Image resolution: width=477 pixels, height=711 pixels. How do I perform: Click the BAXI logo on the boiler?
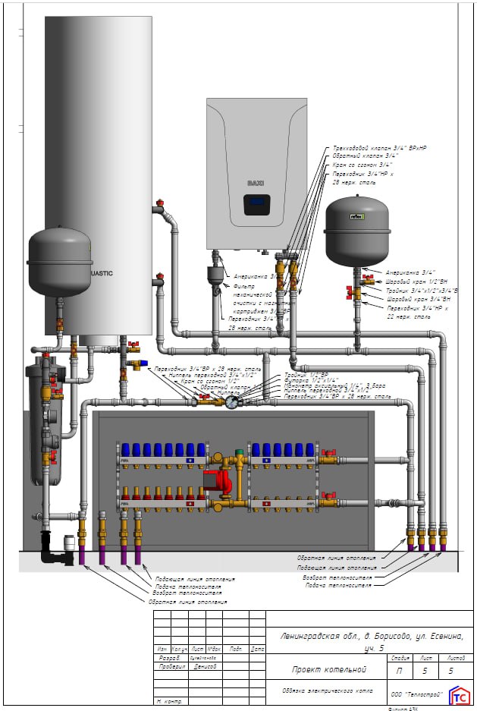point(255,183)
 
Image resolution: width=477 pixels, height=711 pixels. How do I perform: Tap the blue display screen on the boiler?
point(257,203)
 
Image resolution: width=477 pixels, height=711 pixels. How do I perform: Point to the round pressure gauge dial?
point(231,403)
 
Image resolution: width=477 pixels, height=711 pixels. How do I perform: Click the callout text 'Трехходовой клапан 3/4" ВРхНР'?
point(375,148)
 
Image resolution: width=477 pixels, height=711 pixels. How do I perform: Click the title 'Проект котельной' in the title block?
point(329,669)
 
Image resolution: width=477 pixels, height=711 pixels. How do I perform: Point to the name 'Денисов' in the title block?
point(205,667)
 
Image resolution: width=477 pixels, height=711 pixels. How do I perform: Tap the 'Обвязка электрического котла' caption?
point(322,691)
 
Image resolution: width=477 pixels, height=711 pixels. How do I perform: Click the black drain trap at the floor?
point(55,549)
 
